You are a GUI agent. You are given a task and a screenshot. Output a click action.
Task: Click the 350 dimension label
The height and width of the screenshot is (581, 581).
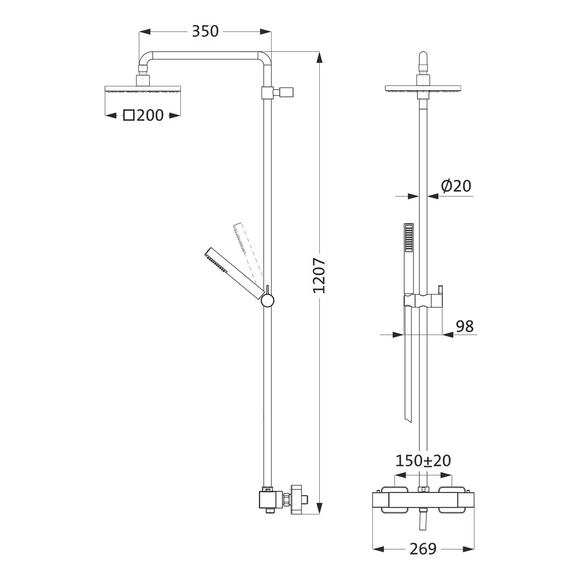pyautogui.click(x=205, y=31)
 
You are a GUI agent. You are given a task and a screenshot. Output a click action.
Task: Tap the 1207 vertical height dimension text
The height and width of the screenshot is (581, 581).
pyautogui.click(x=320, y=275)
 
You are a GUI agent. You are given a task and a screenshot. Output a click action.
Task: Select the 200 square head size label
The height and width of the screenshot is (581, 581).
pyautogui.click(x=150, y=115)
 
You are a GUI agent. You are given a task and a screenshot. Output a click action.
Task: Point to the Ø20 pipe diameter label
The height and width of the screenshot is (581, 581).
pyautogui.click(x=456, y=186)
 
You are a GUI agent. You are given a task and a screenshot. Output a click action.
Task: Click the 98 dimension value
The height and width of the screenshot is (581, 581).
pyautogui.click(x=465, y=327)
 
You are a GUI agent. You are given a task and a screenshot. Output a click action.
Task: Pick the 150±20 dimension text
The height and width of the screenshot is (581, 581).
pyautogui.click(x=423, y=461)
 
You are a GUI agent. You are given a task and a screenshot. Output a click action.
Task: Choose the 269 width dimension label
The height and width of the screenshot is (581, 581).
pyautogui.click(x=423, y=548)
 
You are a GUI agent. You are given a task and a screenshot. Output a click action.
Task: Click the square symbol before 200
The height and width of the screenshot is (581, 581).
pyautogui.click(x=129, y=115)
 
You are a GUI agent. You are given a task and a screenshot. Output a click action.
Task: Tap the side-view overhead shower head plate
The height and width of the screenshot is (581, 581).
pyautogui.click(x=143, y=89)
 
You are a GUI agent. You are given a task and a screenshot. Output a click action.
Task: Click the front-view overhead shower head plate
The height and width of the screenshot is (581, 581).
pyautogui.click(x=423, y=89)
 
